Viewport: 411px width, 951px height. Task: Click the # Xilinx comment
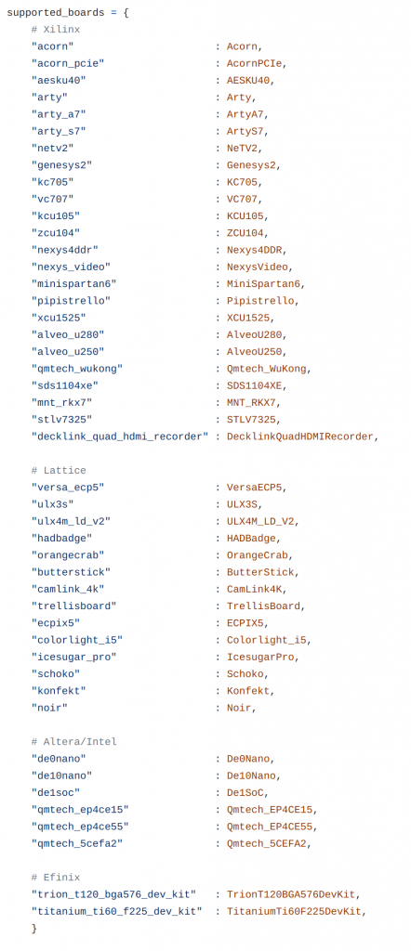coord(55,29)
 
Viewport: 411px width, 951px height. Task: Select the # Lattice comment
coord(59,470)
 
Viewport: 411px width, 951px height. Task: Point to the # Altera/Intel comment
coord(73,741)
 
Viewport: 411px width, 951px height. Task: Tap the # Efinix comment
coord(55,877)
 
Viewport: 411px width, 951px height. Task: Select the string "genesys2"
coord(61,165)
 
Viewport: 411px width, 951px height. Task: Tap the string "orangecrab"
coord(67,555)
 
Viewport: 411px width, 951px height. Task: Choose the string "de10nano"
coord(61,775)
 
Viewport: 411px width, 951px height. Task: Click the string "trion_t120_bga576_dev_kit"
coord(113,894)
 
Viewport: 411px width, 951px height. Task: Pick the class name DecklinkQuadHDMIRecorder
coord(300,436)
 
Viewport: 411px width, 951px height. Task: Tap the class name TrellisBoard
coord(263,606)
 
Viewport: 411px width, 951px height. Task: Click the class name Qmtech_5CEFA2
coord(270,843)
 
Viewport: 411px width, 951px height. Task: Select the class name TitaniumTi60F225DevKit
coord(294,911)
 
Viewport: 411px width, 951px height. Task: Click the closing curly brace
coord(34,928)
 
